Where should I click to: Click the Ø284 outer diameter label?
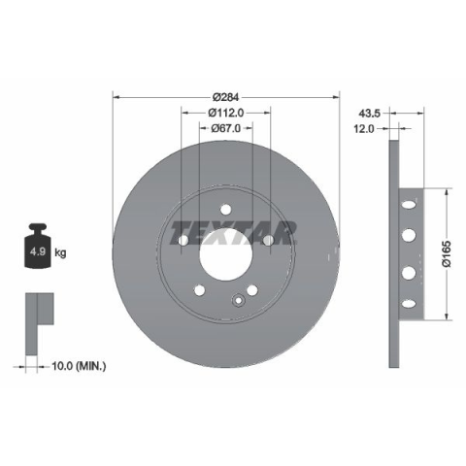point(225,97)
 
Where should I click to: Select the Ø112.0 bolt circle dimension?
point(225,113)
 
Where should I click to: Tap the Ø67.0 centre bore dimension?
point(225,128)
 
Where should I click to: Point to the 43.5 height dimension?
point(369,114)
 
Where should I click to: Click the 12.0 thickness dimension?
point(363,129)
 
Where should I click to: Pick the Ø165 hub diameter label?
point(447,253)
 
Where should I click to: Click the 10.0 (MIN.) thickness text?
point(79,366)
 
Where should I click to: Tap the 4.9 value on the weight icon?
point(38,251)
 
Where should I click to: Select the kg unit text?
point(60,252)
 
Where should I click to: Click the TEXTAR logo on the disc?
point(233,233)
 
